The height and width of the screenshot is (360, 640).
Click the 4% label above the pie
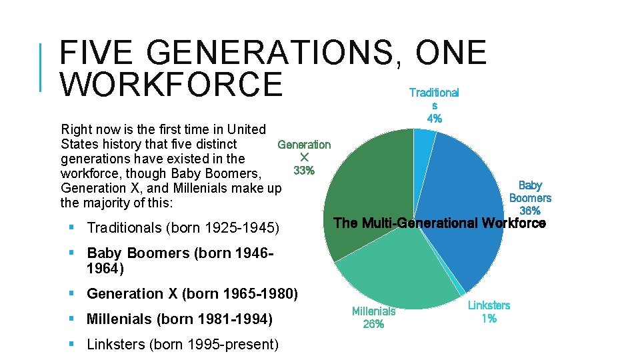click(434, 119)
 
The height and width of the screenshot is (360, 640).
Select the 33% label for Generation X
click(304, 171)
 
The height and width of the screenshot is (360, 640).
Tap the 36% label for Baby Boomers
click(530, 211)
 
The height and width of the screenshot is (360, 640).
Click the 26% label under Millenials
click(373, 324)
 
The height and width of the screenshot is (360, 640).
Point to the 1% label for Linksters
click(489, 318)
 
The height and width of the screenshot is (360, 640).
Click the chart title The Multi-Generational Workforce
click(439, 223)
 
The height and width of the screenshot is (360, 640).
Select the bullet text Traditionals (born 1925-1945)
click(182, 228)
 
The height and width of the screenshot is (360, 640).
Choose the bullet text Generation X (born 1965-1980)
click(192, 293)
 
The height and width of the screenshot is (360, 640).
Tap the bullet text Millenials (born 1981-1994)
click(179, 319)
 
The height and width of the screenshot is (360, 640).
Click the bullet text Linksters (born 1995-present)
click(183, 345)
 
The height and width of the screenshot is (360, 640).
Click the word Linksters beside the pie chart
click(489, 305)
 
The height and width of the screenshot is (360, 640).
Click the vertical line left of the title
click(42, 67)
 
